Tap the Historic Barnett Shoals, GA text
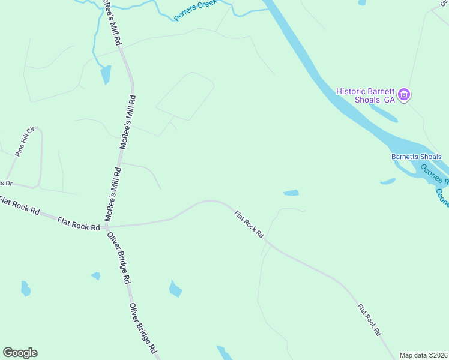(366, 95)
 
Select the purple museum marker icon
(405, 95)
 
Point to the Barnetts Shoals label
(416, 157)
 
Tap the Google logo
(20, 353)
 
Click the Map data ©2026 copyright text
(423, 355)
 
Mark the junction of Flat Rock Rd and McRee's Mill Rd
(106, 227)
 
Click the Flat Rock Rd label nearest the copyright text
(369, 319)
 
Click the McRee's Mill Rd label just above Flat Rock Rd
(113, 195)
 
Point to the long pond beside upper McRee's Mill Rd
(106, 74)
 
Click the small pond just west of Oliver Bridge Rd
(95, 276)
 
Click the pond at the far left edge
(25, 289)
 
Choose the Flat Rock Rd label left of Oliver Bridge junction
(79, 224)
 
